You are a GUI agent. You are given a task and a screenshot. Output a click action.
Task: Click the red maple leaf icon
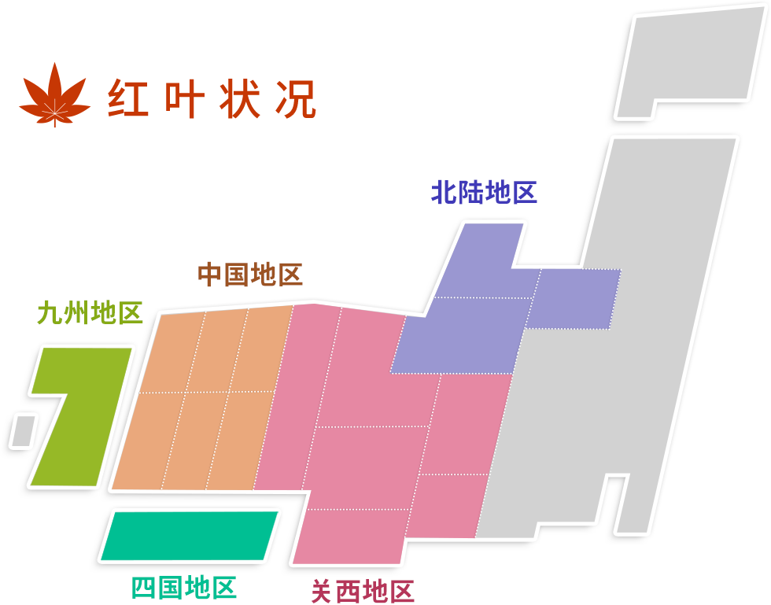click(54, 94)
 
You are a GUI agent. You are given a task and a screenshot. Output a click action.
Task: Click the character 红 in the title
click(128, 98)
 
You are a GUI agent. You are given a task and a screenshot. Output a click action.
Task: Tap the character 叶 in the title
click(184, 98)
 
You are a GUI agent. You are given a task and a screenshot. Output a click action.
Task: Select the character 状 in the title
click(239, 98)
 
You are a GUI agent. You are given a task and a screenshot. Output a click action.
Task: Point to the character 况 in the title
click(296, 98)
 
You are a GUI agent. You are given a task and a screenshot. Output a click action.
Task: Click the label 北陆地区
click(484, 192)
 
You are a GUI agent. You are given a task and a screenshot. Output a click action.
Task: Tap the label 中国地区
click(250, 274)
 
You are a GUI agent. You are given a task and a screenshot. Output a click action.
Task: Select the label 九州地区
click(90, 313)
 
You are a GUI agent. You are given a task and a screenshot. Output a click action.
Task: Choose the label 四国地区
click(184, 587)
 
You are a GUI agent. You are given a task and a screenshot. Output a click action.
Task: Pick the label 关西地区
click(363, 591)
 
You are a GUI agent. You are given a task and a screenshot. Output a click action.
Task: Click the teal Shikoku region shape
click(190, 535)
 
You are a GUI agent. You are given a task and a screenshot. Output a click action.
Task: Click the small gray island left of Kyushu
click(23, 431)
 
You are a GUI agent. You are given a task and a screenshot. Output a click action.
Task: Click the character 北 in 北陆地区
click(444, 192)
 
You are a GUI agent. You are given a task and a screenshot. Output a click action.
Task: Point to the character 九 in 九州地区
click(50, 313)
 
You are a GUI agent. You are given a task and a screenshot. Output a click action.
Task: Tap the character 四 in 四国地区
click(144, 587)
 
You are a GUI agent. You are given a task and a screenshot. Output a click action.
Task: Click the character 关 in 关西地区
click(323, 591)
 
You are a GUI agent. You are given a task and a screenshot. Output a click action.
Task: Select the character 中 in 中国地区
click(211, 274)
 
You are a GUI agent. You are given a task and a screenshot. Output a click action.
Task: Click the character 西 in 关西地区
click(349, 591)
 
